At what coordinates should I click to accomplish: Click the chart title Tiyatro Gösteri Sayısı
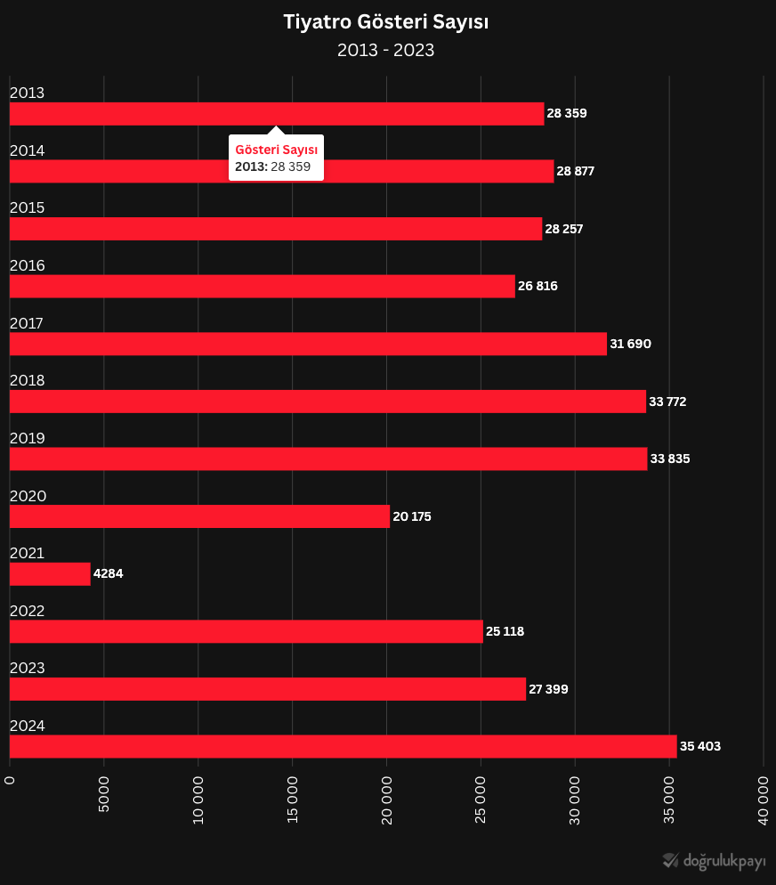coord(386,22)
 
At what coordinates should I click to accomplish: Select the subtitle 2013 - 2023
coord(386,51)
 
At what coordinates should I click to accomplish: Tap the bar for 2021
coord(50,574)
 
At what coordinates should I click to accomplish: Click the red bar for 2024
coord(343,746)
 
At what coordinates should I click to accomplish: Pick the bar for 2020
coord(199,516)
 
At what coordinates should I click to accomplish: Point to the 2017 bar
coord(308,344)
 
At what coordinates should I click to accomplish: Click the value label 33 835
coord(670,459)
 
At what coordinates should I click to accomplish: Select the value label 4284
coord(109,574)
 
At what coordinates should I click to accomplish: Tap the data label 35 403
coord(700,747)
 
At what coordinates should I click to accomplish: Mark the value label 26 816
coord(538,287)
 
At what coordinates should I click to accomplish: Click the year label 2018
coord(27,381)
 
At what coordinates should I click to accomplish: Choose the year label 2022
coord(27,611)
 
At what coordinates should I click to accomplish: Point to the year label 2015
coord(27,208)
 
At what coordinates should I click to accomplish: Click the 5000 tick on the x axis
coord(104,794)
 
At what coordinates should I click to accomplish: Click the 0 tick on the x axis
coord(10,781)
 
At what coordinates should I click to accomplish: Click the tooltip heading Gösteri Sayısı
coord(276,150)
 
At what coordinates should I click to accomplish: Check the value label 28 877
coord(576,172)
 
